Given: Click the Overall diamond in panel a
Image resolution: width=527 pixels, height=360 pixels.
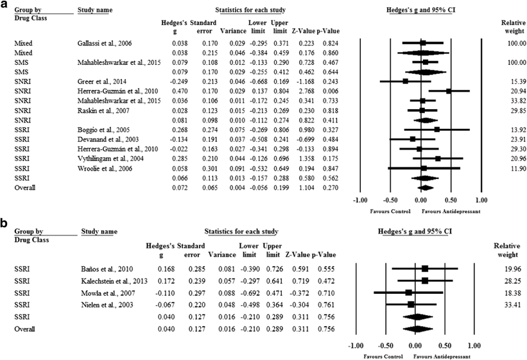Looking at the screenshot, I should coord(424,187).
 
